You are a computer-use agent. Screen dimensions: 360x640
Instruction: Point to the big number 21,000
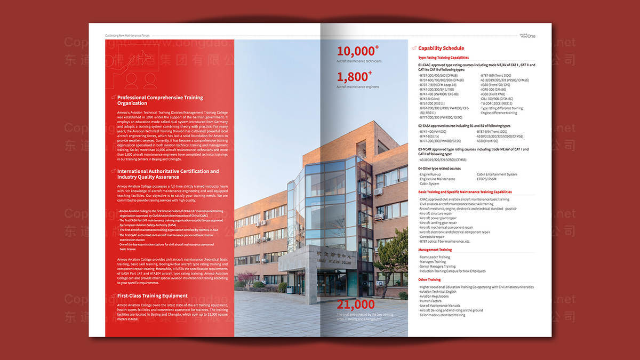click(x=355, y=305)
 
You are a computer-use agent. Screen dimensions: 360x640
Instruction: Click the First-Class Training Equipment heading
click(x=152, y=295)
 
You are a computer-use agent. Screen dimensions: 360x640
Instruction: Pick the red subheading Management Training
click(x=435, y=250)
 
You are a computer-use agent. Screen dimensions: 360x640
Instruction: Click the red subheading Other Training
click(x=429, y=279)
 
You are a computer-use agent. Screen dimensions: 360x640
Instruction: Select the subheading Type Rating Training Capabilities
click(x=443, y=58)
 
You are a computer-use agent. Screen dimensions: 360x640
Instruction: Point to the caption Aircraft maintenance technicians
click(x=359, y=61)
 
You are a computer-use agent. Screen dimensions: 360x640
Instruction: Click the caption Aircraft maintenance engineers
click(x=358, y=86)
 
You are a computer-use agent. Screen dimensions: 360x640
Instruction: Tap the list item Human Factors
click(x=430, y=301)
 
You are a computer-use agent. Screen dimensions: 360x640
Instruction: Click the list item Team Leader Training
click(x=435, y=257)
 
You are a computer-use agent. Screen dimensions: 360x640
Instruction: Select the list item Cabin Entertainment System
click(x=496, y=174)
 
